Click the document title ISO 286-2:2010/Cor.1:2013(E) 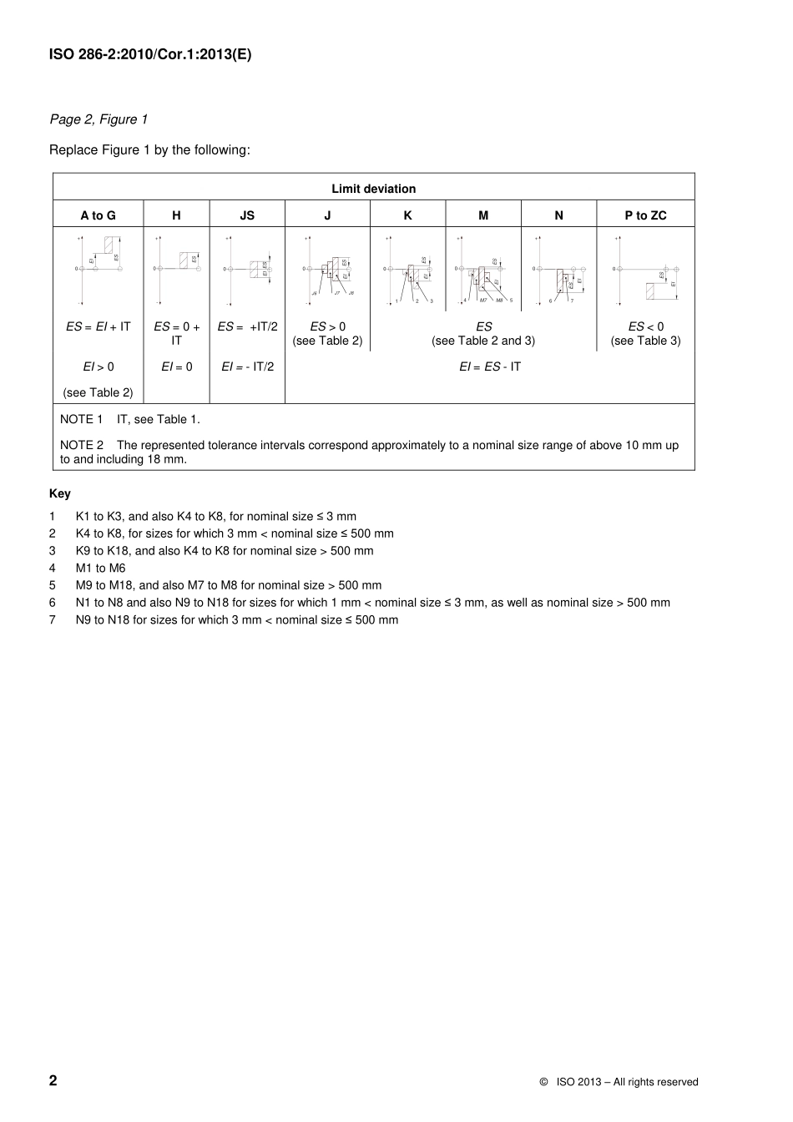tap(150, 55)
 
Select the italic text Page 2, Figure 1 tap(98, 119)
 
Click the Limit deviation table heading tap(373, 189)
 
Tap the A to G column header tap(98, 215)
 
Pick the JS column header tap(247, 215)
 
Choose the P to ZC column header tap(645, 215)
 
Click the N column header tap(558, 215)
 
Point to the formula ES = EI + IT tap(98, 326)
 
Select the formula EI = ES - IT tap(489, 366)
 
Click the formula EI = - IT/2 tap(247, 366)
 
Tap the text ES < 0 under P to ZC tap(645, 326)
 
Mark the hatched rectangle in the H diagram tap(189, 260)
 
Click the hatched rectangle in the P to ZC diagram tap(656, 291)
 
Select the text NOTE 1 tap(81, 419)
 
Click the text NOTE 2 tap(81, 445)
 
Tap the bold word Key tap(60, 493)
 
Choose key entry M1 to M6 tap(100, 568)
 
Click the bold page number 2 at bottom tap(53, 1080)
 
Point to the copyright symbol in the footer tap(543, 1082)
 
